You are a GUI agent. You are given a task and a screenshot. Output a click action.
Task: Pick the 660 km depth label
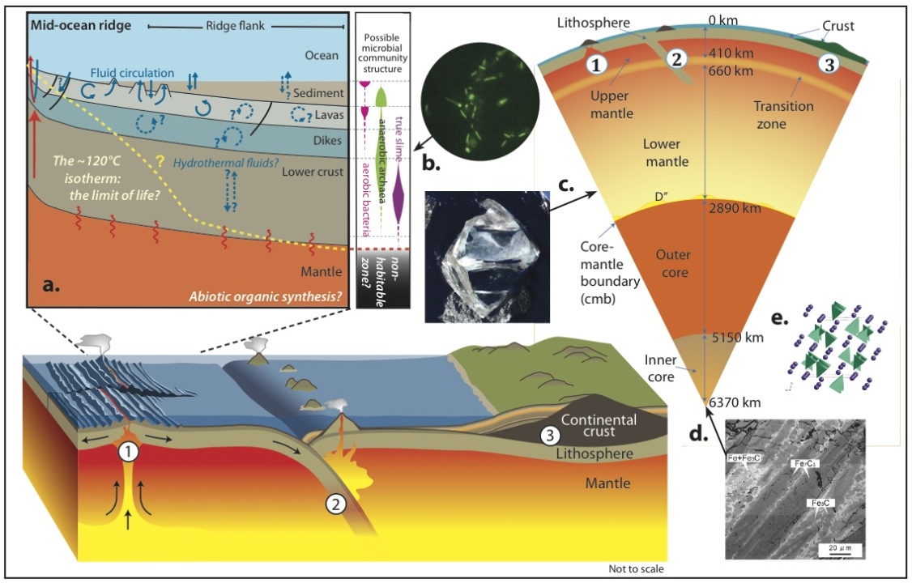click(x=731, y=71)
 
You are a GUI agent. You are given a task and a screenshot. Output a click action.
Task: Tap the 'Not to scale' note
click(x=636, y=569)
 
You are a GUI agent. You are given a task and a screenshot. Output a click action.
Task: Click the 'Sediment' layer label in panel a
click(x=317, y=93)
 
